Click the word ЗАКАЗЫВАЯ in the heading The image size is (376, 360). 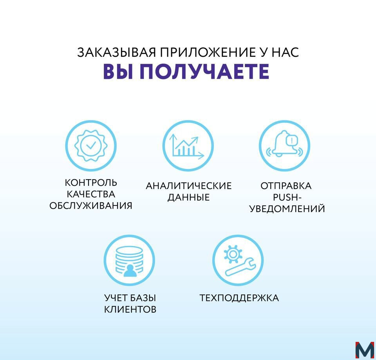pos(117,52)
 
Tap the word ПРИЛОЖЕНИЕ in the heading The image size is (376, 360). pos(208,52)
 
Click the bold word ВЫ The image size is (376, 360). pos(118,71)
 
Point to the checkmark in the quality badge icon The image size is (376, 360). pos(91,145)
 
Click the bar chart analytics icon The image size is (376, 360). pos(187,147)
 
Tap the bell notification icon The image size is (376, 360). pos(285,144)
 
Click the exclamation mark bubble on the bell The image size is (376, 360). pos(291,140)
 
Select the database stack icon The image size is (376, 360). pos(130,261)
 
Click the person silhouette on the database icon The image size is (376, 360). pos(130,271)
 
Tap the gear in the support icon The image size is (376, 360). pos(233,254)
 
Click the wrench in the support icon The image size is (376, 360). pos(240,266)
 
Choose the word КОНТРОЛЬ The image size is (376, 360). pos(91,183)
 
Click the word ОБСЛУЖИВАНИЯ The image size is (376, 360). pos(91,205)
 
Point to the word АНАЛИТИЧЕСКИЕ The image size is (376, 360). pos(189,186)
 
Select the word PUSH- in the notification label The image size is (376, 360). pos(287,197)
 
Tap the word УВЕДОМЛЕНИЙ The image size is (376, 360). pos(287,209)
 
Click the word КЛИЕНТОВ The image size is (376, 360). pos(130,310)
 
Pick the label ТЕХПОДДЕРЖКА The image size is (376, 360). pos(239,298)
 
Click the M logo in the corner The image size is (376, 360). pos(365,351)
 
